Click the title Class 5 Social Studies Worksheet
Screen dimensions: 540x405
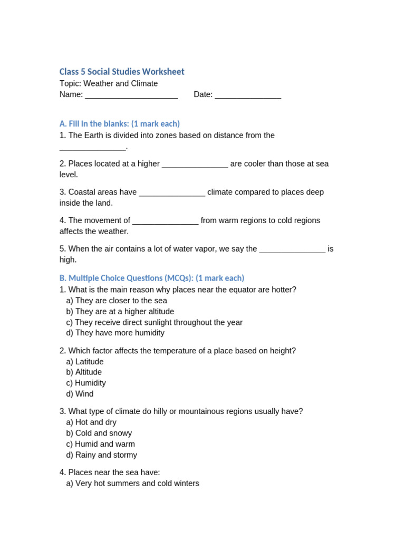122,72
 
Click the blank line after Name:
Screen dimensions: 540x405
131,95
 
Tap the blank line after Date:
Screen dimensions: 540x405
248,95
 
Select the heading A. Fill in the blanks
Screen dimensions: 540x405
120,123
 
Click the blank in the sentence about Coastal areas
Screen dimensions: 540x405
172,193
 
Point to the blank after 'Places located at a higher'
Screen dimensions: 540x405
195,165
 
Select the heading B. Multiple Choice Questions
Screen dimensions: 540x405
152,278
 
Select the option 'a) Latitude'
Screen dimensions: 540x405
85,362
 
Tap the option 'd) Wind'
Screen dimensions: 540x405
80,394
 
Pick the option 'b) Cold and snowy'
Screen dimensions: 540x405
99,433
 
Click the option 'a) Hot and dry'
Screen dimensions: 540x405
91,422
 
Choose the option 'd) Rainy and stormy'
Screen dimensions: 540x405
101,455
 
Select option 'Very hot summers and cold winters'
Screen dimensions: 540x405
132,484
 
